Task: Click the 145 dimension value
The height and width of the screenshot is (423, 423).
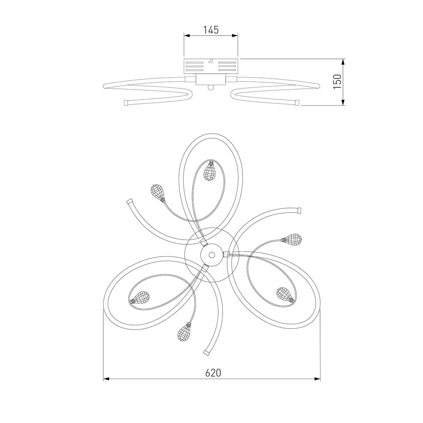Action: (x=211, y=30)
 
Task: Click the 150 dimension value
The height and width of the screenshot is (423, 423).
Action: (x=337, y=81)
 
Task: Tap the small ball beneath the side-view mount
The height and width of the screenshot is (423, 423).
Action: (x=210, y=87)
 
